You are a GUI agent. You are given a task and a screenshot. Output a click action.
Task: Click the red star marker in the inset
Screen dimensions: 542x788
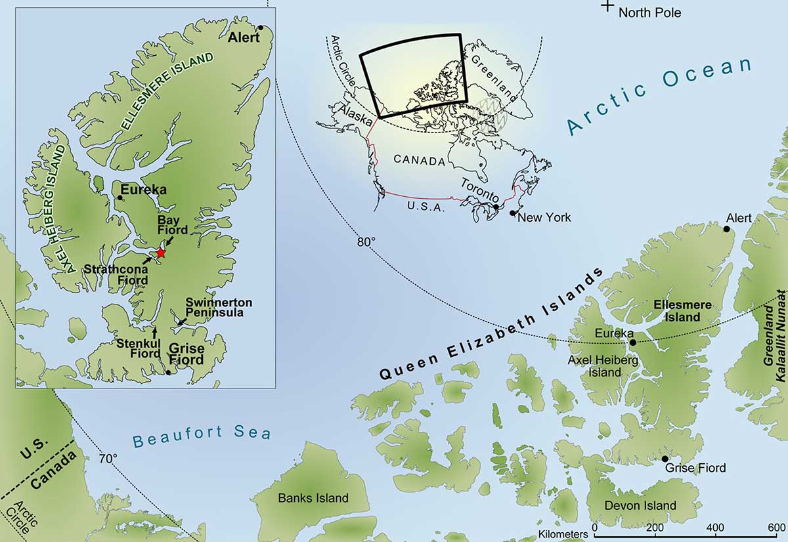(x=160, y=253)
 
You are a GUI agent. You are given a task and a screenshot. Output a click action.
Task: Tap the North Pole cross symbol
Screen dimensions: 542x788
(x=608, y=6)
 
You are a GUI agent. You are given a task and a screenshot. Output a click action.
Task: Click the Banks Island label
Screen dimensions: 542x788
(x=313, y=498)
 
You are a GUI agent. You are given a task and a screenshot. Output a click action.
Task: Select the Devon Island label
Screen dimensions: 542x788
(x=640, y=505)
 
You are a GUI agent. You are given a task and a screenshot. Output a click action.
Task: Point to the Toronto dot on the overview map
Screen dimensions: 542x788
(x=496, y=207)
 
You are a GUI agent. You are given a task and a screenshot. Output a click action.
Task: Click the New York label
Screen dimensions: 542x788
(x=544, y=217)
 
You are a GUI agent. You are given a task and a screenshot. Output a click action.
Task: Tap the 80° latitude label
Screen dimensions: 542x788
(x=366, y=241)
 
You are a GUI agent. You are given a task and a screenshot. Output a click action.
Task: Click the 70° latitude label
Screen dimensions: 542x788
(x=108, y=457)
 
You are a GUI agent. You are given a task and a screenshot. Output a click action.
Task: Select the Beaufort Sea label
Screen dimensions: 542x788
(x=201, y=436)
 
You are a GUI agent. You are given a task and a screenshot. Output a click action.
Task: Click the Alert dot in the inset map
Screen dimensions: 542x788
(x=261, y=28)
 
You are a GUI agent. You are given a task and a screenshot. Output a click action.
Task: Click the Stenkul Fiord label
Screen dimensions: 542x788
(x=139, y=348)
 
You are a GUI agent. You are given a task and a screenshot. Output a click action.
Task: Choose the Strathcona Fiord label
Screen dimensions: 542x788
(x=116, y=274)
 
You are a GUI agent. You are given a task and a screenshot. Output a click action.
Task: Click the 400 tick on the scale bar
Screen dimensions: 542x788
(x=712, y=528)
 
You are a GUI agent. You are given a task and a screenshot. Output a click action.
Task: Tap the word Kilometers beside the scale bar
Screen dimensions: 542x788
(x=563, y=534)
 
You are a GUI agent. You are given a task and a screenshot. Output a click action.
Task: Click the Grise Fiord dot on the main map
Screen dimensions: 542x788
(x=665, y=459)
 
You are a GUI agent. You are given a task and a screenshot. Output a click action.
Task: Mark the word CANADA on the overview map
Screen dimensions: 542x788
(x=419, y=159)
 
